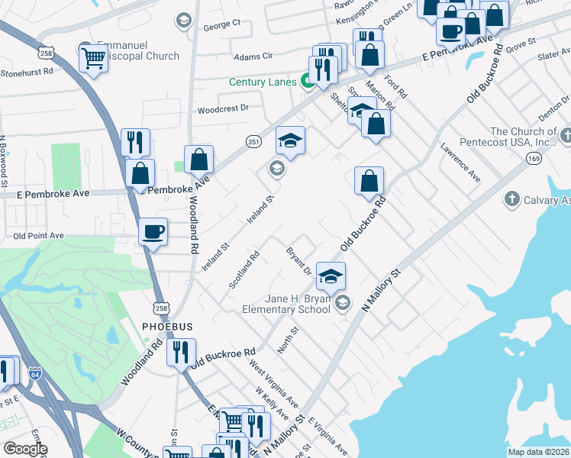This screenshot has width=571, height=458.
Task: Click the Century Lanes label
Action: point(263,82)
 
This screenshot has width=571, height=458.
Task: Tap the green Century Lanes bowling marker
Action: point(309,80)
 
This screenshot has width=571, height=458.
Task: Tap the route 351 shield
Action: point(253,141)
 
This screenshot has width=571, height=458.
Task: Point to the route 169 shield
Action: point(534,158)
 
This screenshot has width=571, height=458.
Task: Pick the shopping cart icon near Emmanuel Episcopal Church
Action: point(93,57)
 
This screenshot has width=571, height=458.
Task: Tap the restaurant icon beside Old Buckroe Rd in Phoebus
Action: point(181,352)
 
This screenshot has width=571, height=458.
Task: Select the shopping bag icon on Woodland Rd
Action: point(198,159)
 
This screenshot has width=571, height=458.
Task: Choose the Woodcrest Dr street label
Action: point(224,108)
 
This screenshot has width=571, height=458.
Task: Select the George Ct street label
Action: point(221,24)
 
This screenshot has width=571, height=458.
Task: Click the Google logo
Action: point(25,449)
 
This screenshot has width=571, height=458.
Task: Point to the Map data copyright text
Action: point(538,452)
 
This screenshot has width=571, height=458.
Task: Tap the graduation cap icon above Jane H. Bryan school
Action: point(331,276)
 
